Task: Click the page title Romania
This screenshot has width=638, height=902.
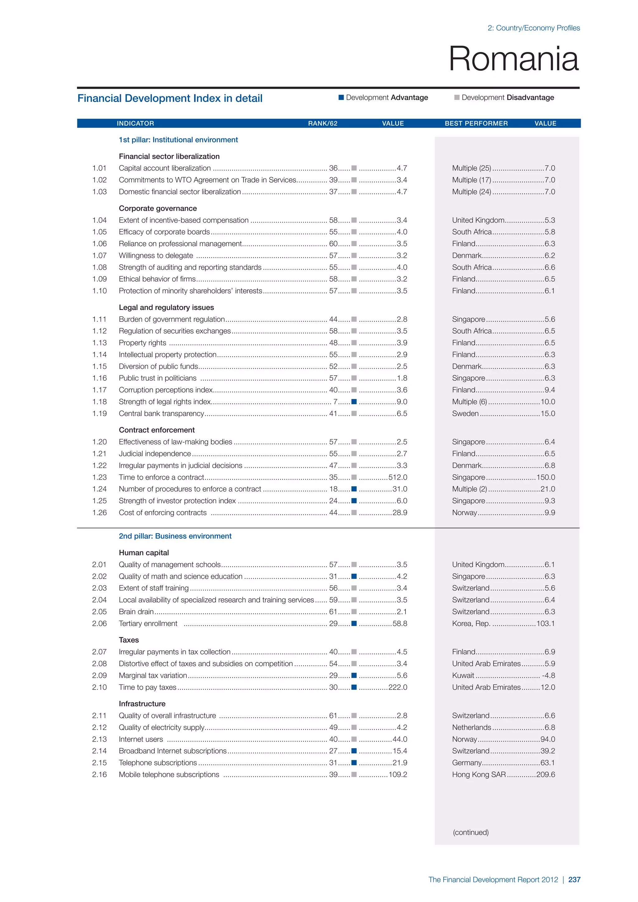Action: coord(513,59)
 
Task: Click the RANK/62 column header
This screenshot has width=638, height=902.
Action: coord(322,123)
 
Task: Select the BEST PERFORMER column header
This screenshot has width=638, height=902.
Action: coord(476,123)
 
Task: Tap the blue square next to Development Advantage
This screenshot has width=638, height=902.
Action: coord(341,97)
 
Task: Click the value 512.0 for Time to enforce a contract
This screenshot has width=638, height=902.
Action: coord(398,477)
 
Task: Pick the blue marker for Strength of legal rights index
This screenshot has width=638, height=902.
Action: coord(354,401)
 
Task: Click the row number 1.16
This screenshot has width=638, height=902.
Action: coord(99,378)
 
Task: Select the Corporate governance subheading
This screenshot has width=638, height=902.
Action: coord(158,208)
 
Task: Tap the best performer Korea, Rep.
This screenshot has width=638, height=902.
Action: coord(471,624)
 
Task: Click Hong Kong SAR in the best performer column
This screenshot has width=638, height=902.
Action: coord(479,774)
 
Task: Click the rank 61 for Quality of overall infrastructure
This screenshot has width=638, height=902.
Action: coord(333,715)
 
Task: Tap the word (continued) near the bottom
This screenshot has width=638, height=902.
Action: coord(471,832)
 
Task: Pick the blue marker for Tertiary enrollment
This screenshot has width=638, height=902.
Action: coord(354,624)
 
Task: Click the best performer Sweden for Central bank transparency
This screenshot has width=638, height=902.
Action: coord(465,413)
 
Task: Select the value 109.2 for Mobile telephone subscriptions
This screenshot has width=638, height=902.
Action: coord(398,774)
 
